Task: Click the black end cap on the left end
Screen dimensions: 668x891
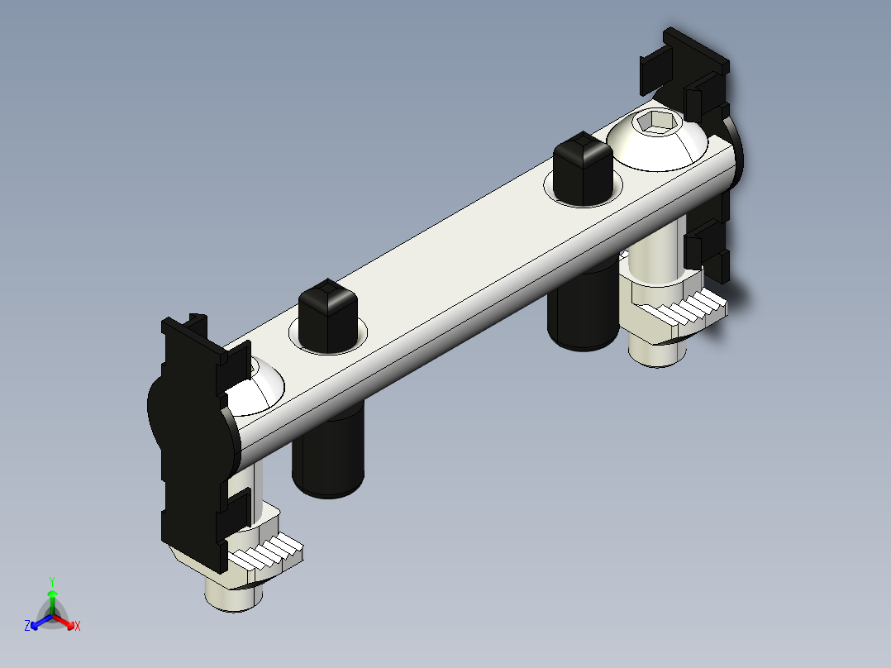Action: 186,438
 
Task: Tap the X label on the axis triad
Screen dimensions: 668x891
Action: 78,626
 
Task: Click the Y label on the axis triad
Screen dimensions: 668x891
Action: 52,581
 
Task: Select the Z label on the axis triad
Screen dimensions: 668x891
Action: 27,626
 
